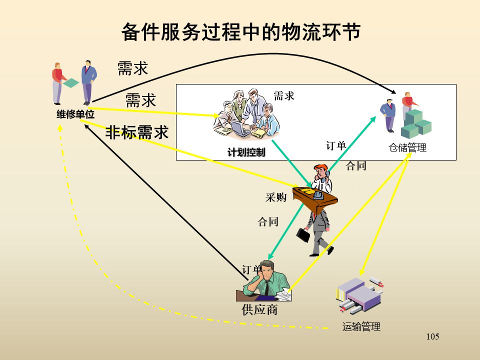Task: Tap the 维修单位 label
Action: [x=75, y=114]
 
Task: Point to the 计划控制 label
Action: [x=246, y=152]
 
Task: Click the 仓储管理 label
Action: [x=407, y=148]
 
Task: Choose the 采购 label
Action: [x=275, y=197]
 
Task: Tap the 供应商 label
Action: [x=259, y=310]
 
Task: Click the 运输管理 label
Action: [x=361, y=327]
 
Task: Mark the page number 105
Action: [x=432, y=336]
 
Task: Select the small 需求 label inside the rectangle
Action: [x=284, y=96]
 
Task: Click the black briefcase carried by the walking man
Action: [x=303, y=235]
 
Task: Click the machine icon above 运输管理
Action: [x=359, y=293]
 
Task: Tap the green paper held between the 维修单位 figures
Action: [x=71, y=83]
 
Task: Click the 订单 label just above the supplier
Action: [x=252, y=269]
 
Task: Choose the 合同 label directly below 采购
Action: [x=268, y=222]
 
